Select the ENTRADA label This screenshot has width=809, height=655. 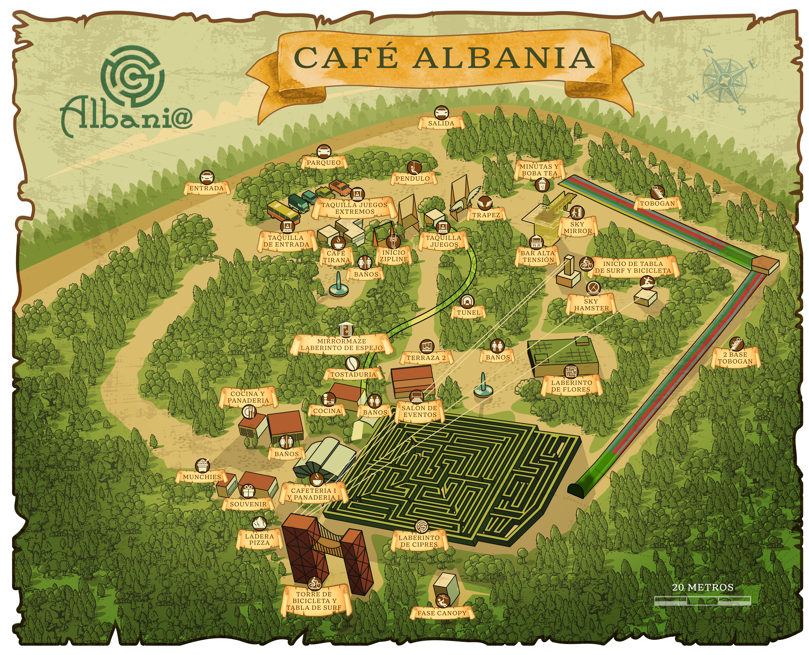click(206, 188)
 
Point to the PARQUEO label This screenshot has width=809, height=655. click(323, 163)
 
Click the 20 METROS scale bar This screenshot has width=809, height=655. click(703, 600)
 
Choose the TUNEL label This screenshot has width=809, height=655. click(468, 312)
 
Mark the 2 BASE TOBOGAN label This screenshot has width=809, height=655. click(735, 358)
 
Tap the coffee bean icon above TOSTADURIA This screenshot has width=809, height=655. click(352, 363)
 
